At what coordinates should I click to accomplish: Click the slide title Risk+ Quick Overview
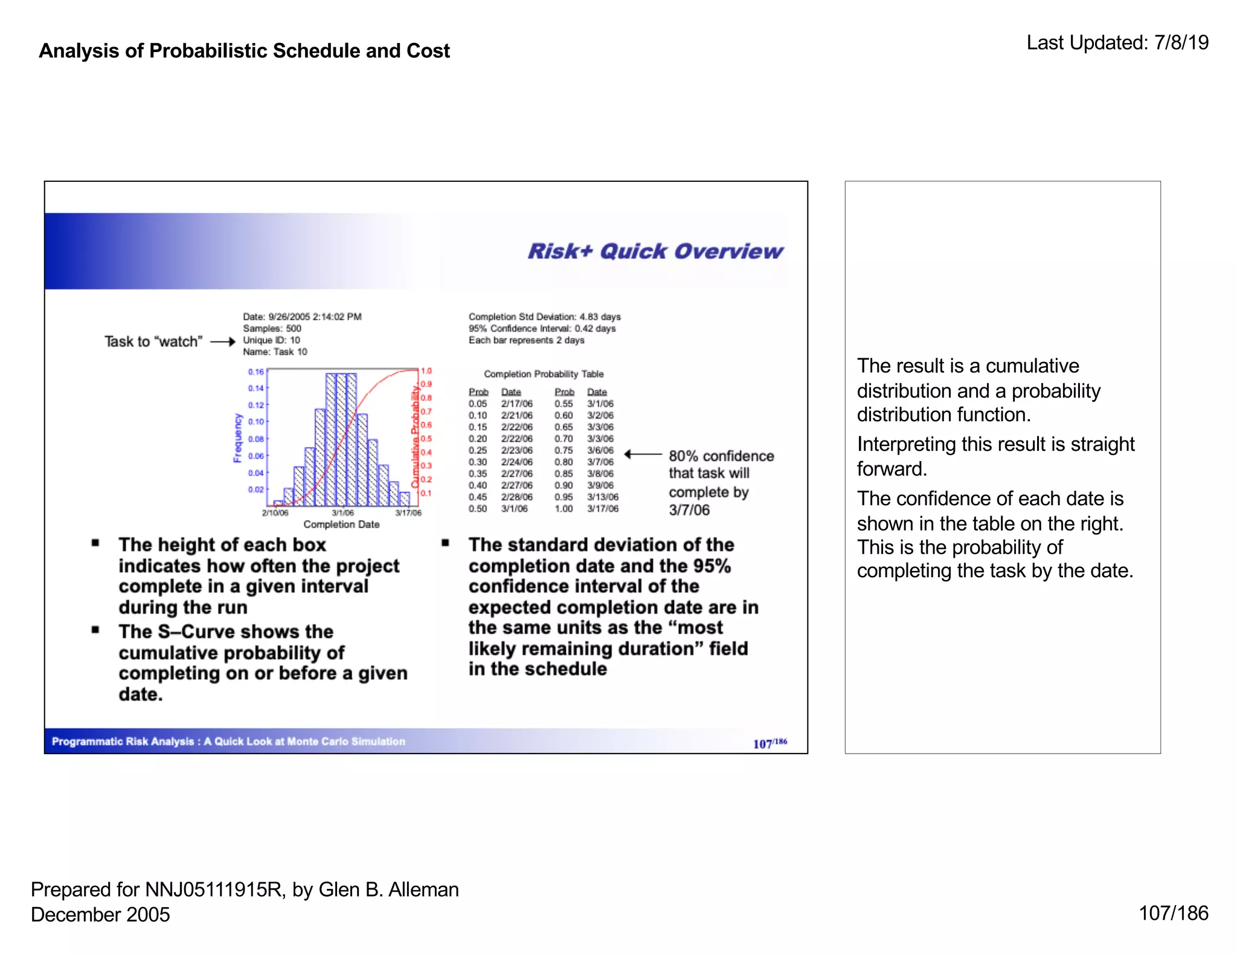click(655, 251)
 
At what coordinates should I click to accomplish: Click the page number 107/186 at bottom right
click(1173, 913)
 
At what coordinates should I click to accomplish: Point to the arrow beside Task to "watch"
click(222, 342)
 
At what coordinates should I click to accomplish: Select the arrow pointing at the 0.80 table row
click(643, 454)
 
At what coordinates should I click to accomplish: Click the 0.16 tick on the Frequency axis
click(256, 372)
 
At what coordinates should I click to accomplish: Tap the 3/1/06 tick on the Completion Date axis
click(342, 513)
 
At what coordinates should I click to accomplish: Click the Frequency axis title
click(237, 438)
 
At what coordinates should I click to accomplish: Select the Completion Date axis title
click(341, 525)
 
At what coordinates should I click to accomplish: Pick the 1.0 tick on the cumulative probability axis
click(426, 371)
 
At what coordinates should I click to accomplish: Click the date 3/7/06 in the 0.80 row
click(600, 462)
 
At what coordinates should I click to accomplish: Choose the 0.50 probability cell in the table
click(478, 509)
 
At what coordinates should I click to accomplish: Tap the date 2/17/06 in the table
click(516, 404)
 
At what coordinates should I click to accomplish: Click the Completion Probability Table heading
click(544, 374)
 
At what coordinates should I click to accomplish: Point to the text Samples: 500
click(272, 329)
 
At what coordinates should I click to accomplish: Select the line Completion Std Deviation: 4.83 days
click(544, 317)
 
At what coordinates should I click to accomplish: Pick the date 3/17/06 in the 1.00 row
click(603, 509)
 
